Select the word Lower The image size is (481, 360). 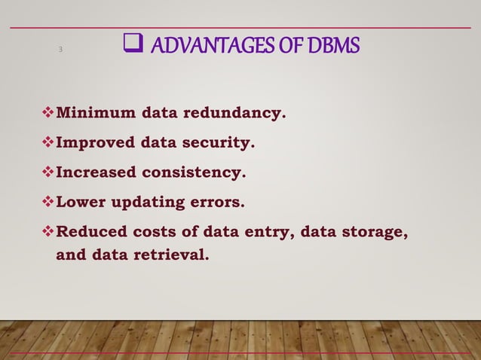[78, 202]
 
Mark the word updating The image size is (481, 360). [146, 203]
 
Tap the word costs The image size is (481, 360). [152, 231]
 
